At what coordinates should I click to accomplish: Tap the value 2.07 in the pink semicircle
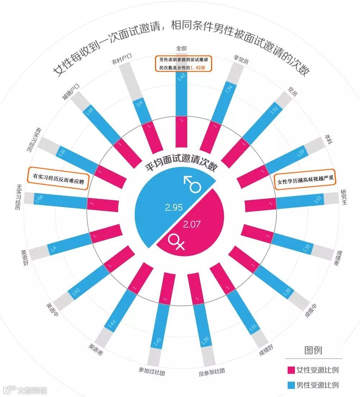coord(192,225)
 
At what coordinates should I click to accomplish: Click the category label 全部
coord(181,48)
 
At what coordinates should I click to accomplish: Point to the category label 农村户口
coord(122,59)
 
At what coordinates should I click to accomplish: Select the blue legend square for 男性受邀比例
coord(291,385)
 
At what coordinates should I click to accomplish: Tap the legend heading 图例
coord(313,350)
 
